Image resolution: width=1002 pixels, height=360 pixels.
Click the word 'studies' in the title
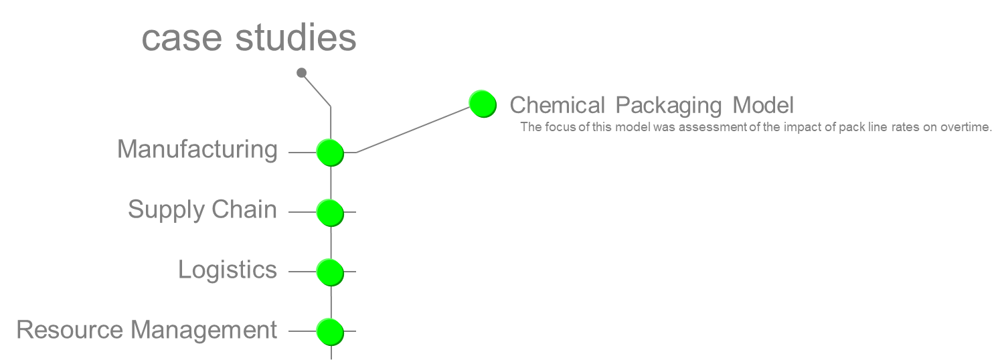(x=296, y=39)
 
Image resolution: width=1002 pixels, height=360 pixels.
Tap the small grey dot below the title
(x=301, y=72)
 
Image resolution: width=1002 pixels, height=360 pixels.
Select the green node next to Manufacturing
(x=329, y=153)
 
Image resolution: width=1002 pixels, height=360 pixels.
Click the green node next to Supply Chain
(x=329, y=212)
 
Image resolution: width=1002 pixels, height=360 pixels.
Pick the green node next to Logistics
(x=329, y=272)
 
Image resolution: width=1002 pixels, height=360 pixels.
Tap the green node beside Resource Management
(x=329, y=331)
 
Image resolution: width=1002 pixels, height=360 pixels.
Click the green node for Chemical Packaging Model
(x=482, y=104)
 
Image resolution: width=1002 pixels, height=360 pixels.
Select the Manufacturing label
(x=197, y=149)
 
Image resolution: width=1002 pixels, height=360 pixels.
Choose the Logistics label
(x=228, y=270)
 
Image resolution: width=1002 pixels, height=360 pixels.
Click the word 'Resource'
(x=69, y=330)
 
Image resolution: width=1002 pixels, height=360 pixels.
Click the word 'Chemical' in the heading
(x=557, y=105)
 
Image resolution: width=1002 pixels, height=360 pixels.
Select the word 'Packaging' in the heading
(x=669, y=106)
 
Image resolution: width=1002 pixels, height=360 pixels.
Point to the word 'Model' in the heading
(x=762, y=105)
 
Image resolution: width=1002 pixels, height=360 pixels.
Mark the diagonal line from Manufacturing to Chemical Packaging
(x=412, y=130)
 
